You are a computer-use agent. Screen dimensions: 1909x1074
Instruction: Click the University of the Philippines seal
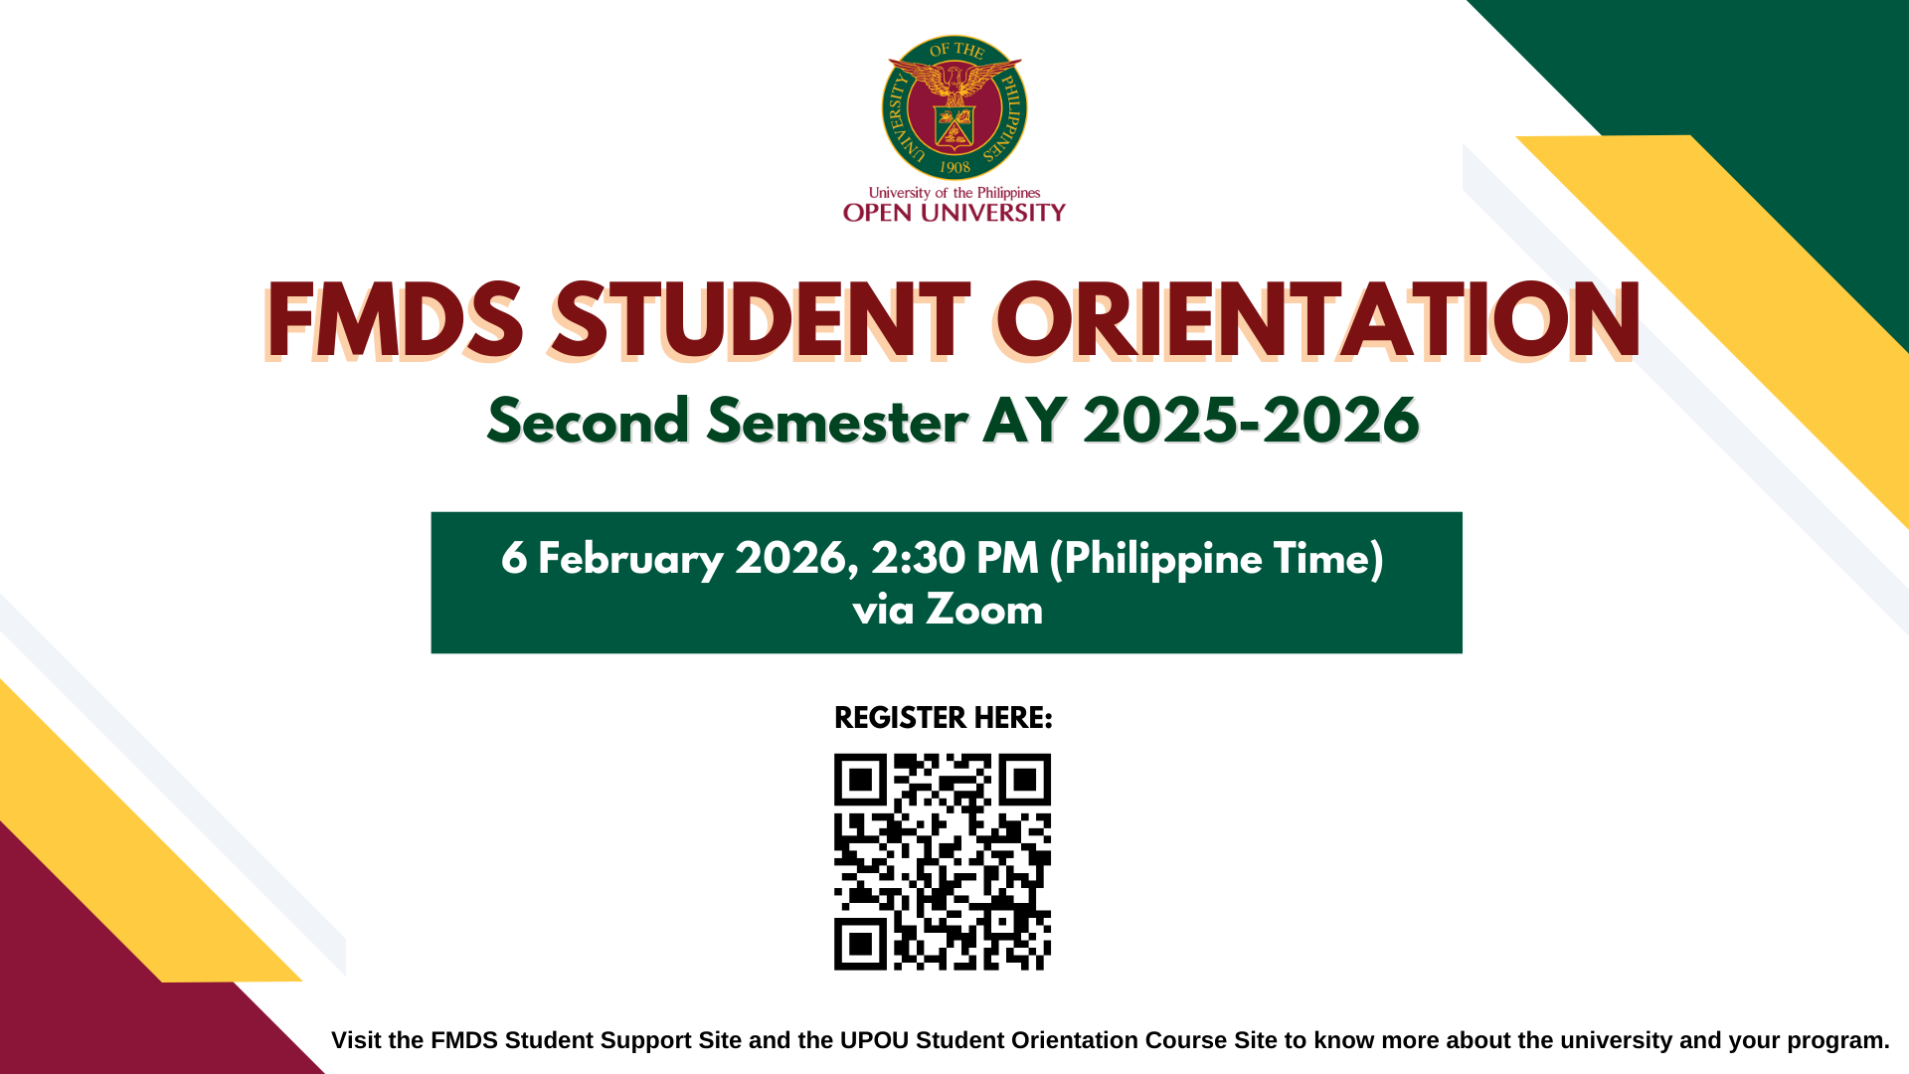(x=954, y=108)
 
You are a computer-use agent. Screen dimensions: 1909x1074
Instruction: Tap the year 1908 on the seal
(x=954, y=167)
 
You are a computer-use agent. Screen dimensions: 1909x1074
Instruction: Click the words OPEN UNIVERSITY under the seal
(x=954, y=212)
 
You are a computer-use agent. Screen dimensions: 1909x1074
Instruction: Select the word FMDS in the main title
(x=396, y=320)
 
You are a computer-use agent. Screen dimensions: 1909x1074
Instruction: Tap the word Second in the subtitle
(x=589, y=421)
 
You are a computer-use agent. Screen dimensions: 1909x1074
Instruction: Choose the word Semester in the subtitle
(x=837, y=421)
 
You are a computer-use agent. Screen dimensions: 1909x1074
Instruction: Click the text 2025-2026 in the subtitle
(x=1251, y=421)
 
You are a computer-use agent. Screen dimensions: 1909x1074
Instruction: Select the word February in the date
(x=630, y=560)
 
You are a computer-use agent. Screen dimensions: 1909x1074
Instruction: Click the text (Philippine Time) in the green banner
(x=1217, y=560)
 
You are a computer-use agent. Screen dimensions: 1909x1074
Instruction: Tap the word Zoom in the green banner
(x=984, y=610)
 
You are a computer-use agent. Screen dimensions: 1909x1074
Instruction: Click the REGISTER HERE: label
(x=943, y=718)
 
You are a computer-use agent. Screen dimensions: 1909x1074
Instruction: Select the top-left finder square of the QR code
(x=860, y=780)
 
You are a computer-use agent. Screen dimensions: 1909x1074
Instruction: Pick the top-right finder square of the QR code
(x=1025, y=780)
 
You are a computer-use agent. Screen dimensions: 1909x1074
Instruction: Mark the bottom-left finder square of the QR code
(x=860, y=944)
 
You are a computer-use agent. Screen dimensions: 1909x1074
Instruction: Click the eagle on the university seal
(x=954, y=80)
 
